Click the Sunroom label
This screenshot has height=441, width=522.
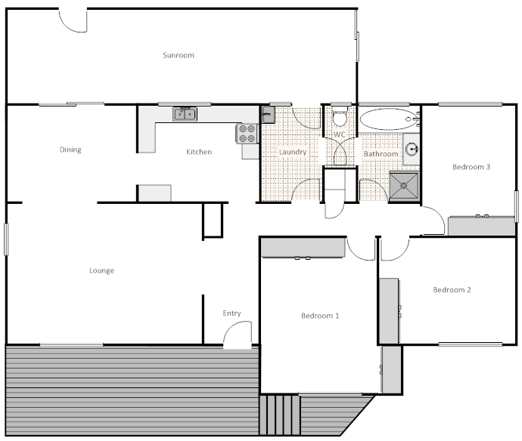(179, 55)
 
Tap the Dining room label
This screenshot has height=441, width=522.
(70, 150)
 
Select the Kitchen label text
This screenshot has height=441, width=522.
(199, 152)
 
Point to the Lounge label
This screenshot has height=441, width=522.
(101, 270)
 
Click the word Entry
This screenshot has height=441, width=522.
(231, 313)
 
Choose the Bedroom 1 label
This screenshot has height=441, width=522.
(319, 316)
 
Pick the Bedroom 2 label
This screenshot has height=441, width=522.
(452, 290)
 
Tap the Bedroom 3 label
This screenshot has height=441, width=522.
(472, 167)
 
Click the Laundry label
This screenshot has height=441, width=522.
(293, 152)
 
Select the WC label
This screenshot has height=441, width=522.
(340, 134)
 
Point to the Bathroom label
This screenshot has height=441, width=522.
(381, 154)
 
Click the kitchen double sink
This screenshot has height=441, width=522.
(185, 115)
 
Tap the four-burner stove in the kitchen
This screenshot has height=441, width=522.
(247, 134)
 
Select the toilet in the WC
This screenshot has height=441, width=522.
(340, 119)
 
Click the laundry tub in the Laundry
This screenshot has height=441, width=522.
(268, 115)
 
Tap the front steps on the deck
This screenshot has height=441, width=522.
(280, 415)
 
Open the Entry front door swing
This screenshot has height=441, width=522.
(238, 335)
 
